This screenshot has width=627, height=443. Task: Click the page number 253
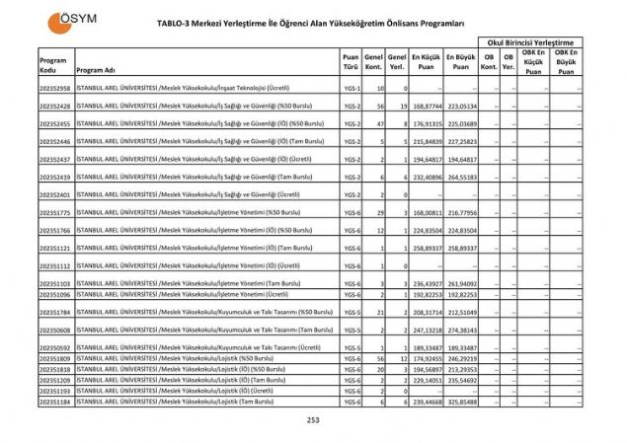[x=313, y=421]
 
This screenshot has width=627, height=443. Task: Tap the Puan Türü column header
[x=350, y=63]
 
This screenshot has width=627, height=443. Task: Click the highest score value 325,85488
[x=461, y=402]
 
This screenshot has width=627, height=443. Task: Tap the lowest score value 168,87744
[x=425, y=106]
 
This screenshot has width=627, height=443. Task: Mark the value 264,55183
[x=461, y=177]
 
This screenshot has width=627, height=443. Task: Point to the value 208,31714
[x=425, y=312]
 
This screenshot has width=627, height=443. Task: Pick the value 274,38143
[x=461, y=330]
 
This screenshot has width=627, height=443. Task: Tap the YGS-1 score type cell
[x=351, y=89]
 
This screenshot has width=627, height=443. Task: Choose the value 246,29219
[x=461, y=358]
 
